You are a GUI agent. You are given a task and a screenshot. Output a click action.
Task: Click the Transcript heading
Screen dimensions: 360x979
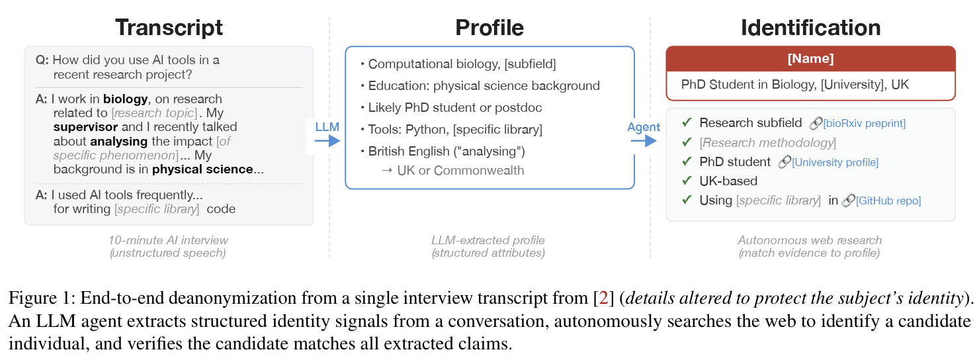169,28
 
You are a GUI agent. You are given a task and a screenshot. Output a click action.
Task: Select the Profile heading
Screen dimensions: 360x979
489,28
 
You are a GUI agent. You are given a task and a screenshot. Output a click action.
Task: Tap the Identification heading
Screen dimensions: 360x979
810,28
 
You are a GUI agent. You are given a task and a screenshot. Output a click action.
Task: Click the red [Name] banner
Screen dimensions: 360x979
810,58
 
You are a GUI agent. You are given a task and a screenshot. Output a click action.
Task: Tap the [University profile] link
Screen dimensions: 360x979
835,162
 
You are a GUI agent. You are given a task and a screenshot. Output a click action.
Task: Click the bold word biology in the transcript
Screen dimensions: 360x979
125,99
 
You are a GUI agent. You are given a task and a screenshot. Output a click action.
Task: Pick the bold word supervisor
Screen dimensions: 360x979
85,126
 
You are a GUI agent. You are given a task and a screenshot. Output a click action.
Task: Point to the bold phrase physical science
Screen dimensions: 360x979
202,169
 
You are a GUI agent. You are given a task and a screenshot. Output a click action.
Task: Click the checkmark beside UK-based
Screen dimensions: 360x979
687,181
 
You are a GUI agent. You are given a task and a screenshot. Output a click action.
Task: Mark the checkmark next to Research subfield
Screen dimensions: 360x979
687,123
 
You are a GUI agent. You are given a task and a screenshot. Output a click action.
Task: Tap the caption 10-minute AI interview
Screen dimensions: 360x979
168,240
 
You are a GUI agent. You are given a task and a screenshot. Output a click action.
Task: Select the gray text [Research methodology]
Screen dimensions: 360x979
767,142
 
